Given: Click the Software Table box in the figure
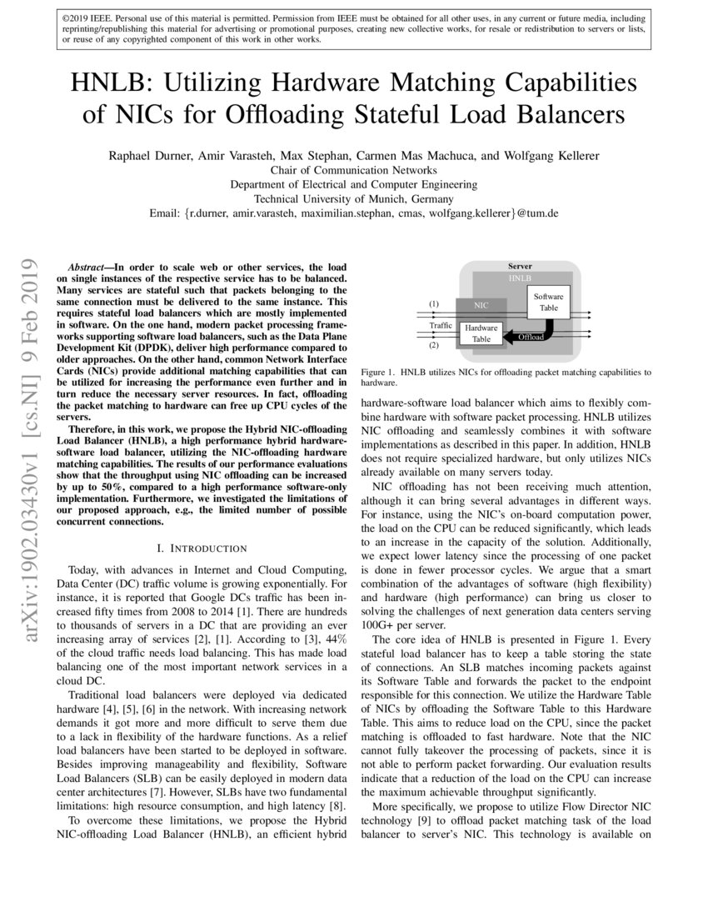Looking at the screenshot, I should (x=548, y=301).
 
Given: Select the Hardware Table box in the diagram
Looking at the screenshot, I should (x=481, y=333).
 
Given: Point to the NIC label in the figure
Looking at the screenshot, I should (x=481, y=306).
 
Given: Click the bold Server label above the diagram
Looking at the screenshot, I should (x=521, y=266).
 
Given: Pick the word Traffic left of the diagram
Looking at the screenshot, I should (x=441, y=324).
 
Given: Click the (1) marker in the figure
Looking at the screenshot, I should (x=433, y=304).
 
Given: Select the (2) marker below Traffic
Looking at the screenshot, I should (x=433, y=344).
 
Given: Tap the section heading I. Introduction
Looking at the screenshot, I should (x=202, y=548).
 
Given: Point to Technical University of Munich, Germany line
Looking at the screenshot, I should (x=353, y=198).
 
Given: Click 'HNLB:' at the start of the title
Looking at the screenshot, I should (x=105, y=84).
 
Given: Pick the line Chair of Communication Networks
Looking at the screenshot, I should (x=353, y=170).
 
